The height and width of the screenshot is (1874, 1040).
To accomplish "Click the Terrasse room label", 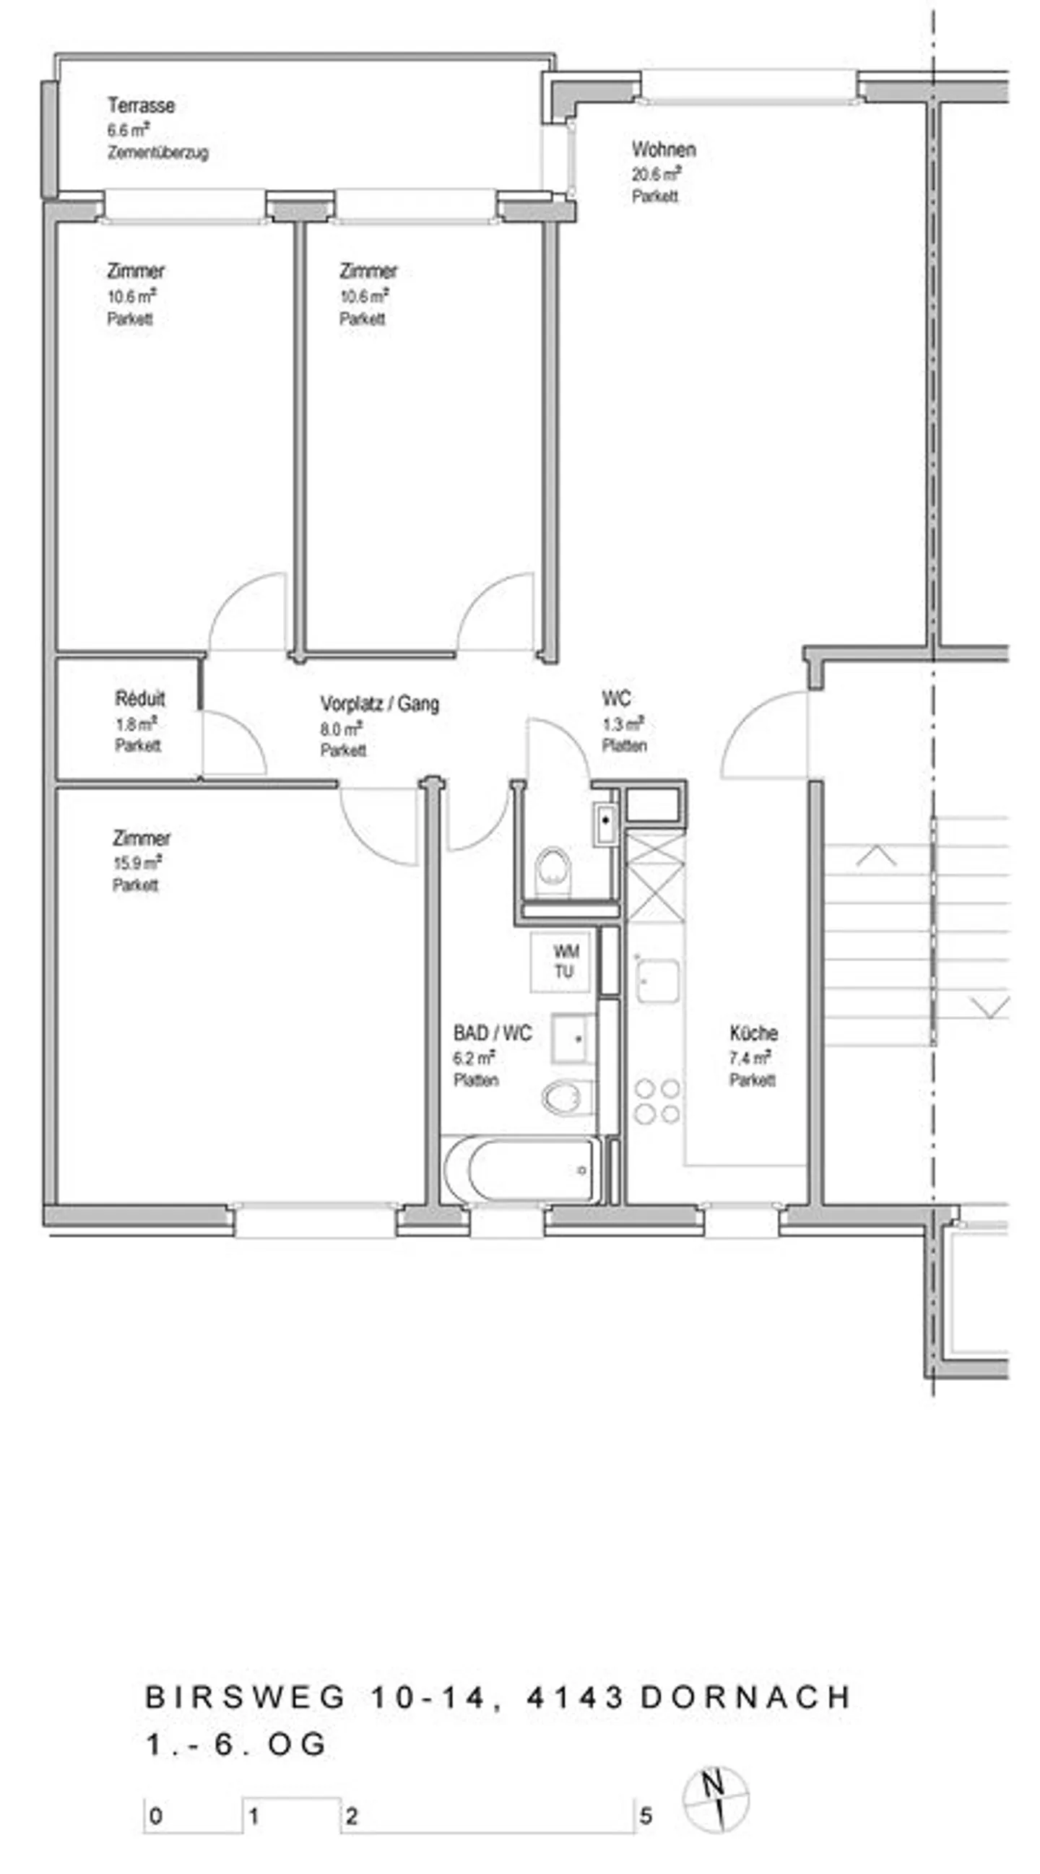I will coord(141,105).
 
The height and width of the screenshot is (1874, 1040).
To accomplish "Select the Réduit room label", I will coord(139,699).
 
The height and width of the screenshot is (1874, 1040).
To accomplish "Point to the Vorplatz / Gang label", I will coord(379,703).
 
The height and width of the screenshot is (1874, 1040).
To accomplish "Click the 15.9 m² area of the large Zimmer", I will coord(136,863).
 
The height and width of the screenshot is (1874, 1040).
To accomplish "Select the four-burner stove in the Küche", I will coord(656,1101).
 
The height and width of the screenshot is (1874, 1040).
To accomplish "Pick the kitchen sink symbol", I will coord(657,980).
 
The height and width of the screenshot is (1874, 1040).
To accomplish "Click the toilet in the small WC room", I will coord(553,870).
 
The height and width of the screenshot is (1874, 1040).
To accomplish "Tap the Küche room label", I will coord(753,1033).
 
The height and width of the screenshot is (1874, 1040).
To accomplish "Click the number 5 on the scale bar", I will coord(645,1816).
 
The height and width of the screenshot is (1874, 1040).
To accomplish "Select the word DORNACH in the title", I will coord(745,1697).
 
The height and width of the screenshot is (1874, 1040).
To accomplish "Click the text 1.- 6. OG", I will coord(237,1745).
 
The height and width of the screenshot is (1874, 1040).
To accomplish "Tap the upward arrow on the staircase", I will coord(875,856).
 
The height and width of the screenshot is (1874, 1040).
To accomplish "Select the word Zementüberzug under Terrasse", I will coord(158,153).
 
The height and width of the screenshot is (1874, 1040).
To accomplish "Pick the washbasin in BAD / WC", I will coord(573,1038).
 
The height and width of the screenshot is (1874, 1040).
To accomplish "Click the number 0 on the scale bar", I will coord(156,1816).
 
